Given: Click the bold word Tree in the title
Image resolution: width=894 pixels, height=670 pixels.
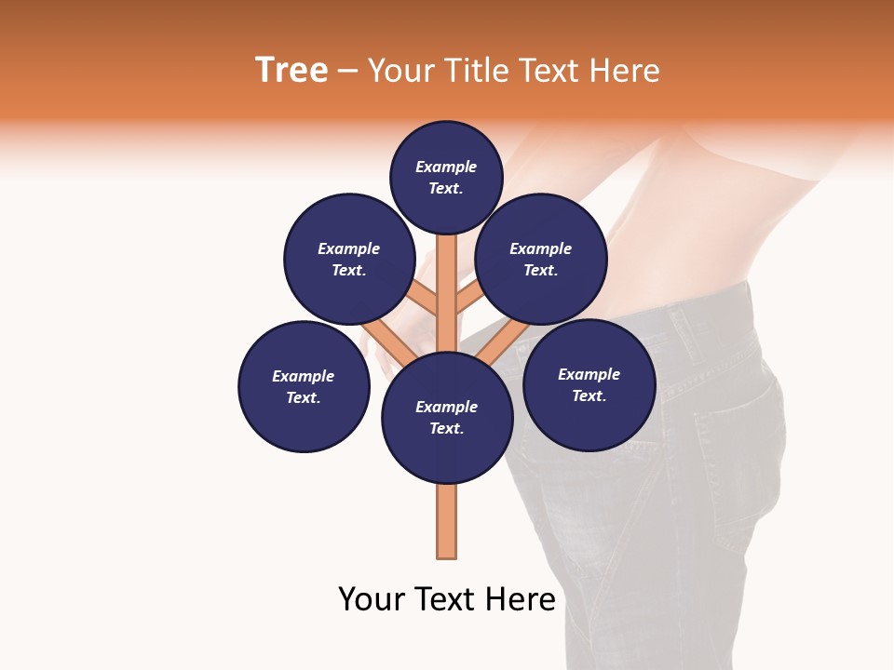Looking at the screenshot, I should (291, 71).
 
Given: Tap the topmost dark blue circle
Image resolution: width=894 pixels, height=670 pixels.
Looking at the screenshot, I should (446, 177).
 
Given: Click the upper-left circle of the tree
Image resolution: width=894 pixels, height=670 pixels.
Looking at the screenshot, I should (349, 259).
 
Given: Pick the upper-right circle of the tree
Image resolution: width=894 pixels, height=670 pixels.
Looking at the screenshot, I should (541, 259).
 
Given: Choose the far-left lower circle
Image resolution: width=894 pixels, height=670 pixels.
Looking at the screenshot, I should (304, 386).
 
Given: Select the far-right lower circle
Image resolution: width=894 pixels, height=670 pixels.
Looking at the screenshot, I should (589, 384).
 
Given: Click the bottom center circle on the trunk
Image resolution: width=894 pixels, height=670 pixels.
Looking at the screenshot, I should (447, 418).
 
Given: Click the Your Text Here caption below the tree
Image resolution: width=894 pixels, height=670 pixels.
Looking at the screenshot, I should (447, 599).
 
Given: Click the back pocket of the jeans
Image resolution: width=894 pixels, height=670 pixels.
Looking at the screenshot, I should (736, 456).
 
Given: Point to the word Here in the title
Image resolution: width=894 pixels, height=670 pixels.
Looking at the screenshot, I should (625, 71).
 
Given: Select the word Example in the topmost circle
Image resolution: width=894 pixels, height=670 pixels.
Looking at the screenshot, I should (446, 167).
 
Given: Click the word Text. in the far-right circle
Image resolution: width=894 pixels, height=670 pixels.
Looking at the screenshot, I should (589, 395).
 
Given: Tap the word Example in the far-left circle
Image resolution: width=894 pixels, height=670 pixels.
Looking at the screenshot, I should (304, 376).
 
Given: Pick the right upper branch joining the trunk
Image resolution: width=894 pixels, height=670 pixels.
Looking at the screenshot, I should (468, 300).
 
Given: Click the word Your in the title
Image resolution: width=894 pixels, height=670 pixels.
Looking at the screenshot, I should (402, 71).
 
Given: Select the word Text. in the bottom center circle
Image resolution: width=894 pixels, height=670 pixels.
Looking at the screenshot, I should (446, 428).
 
